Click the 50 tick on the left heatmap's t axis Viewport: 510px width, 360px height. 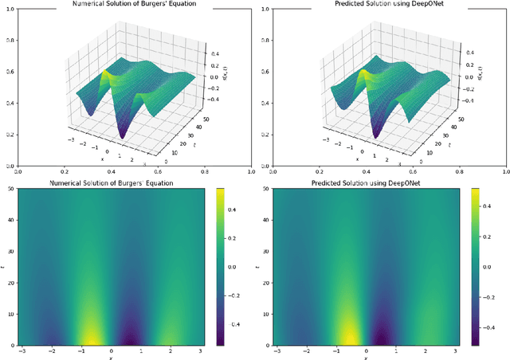(8, 190)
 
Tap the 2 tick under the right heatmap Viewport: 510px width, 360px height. (427, 351)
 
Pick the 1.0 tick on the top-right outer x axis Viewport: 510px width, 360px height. (507, 171)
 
